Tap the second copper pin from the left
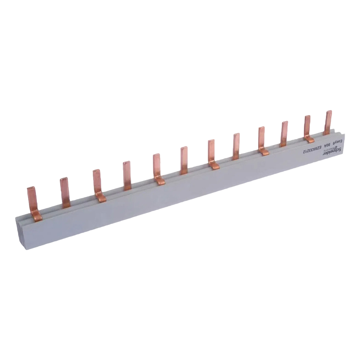pyautogui.click(x=64, y=192)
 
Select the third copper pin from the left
pyautogui.click(x=97, y=183)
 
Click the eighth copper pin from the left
pyautogui.click(x=236, y=146)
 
